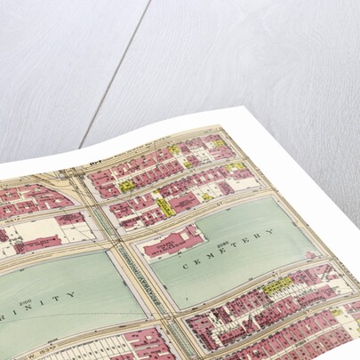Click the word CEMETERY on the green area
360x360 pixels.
pyautogui.click(x=226, y=251)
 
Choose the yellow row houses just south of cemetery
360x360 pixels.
pyautogui.click(x=277, y=286)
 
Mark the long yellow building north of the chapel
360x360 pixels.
pyautogui.click(x=164, y=205)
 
